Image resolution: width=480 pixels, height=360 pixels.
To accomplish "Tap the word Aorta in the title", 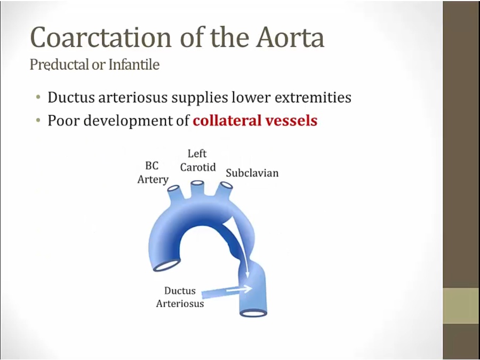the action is click(290, 37).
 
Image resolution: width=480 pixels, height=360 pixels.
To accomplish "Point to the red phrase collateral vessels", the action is click(255, 121).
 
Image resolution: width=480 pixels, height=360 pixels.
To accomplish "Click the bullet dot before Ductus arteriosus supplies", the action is click(38, 98).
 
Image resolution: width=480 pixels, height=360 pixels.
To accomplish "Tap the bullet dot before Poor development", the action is click(38, 121).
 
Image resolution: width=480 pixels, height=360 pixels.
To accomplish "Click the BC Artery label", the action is click(153, 172).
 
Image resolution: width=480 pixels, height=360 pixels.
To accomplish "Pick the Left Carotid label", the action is click(198, 161).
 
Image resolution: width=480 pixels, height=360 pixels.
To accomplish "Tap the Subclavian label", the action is click(252, 173).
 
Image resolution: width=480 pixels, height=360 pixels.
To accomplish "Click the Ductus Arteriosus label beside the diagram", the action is click(180, 297).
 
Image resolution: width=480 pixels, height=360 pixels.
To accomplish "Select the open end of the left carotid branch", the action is click(197, 183).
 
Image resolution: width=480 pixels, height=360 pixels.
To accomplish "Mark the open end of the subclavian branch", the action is click(226, 185).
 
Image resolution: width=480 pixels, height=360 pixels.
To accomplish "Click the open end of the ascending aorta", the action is click(166, 265).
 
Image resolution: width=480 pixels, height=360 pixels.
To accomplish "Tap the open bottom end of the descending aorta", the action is click(253, 313).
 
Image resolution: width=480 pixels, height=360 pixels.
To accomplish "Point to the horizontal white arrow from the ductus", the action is click(239, 289).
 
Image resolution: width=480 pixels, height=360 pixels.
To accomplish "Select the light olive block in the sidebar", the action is click(461, 306).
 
